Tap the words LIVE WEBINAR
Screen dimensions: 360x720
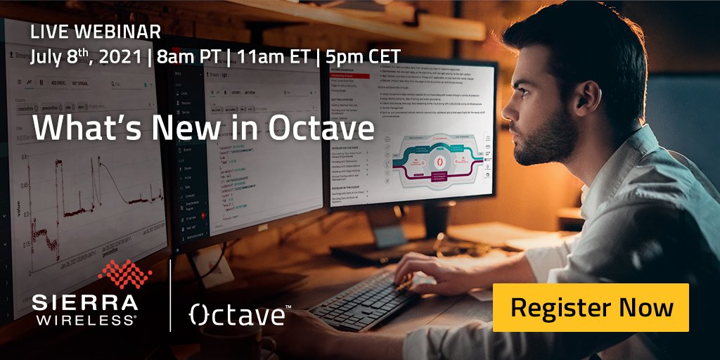click(95, 32)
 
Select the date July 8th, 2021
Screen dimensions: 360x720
click(84, 56)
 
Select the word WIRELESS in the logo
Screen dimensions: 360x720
click(85, 321)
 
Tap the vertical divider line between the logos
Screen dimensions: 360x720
click(170, 295)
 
